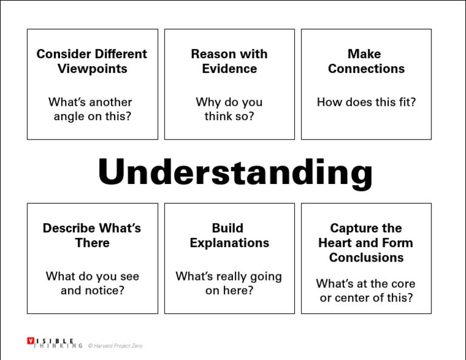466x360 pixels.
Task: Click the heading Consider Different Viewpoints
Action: (92, 61)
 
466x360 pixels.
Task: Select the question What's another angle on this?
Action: (91, 109)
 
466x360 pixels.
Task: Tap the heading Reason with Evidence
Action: (229, 61)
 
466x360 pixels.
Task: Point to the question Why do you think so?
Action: (229, 109)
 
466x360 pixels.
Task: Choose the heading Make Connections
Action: (366, 61)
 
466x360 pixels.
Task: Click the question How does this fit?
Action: (366, 102)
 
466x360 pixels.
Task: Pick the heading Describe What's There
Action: (92, 236)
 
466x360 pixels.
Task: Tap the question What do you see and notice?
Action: (92, 284)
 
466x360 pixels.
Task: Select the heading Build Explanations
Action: (229, 236)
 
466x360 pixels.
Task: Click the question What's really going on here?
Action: (229, 284)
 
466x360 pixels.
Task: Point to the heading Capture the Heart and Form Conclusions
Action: (366, 243)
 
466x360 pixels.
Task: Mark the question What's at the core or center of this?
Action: (366, 291)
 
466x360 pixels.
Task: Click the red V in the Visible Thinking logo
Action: (30, 341)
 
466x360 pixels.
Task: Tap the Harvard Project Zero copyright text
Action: (115, 345)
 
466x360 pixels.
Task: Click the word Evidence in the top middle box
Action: (229, 69)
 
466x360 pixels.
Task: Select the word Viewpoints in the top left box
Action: (92, 69)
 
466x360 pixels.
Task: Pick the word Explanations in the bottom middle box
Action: (229, 243)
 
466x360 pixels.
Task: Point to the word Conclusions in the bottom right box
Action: (366, 257)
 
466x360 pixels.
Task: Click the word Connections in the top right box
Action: (366, 69)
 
